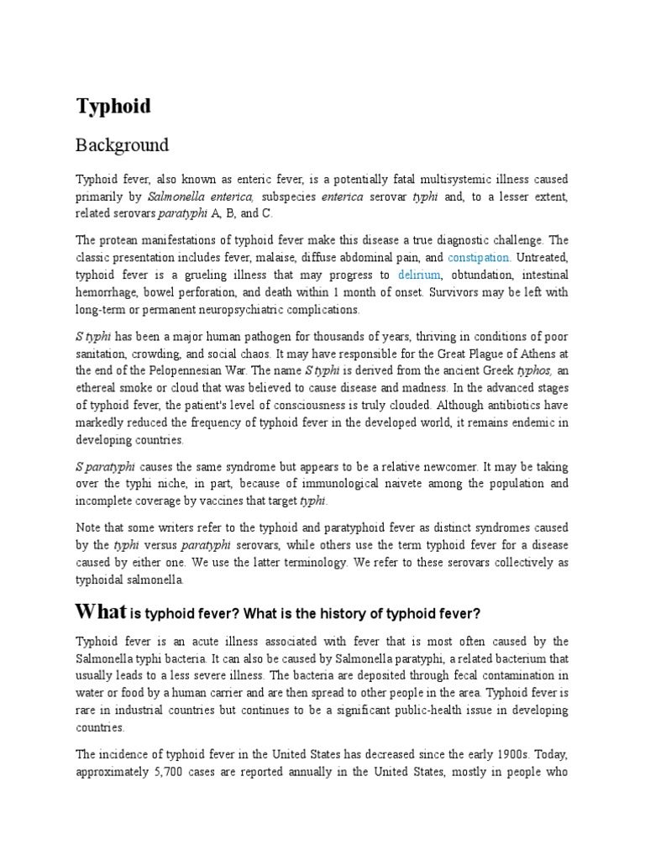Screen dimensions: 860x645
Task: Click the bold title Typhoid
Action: [x=113, y=107]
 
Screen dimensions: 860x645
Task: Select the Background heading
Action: [x=122, y=145]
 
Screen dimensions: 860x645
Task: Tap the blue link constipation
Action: [x=479, y=257]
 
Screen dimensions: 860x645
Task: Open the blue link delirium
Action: [x=419, y=275]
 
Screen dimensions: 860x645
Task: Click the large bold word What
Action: [x=101, y=610]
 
